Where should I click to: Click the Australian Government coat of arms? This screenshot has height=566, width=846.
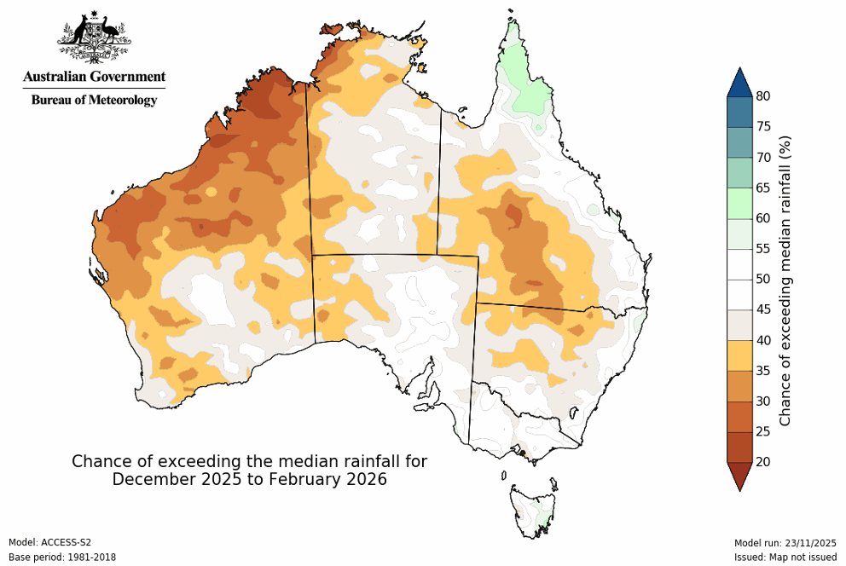pos(94,38)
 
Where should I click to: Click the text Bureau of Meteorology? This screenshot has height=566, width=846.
pos(94,100)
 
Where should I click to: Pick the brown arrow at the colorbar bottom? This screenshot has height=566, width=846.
pos(739,476)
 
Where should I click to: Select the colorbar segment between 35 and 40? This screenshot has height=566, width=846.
pos(739,355)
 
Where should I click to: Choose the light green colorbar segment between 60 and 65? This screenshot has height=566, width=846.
pos(739,203)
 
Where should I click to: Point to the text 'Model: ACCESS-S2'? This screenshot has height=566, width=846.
pos(49,542)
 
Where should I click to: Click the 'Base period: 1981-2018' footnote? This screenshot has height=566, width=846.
pos(61,557)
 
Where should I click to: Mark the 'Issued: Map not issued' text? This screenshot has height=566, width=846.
pos(785,557)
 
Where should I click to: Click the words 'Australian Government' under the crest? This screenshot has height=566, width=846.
pos(94,77)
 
